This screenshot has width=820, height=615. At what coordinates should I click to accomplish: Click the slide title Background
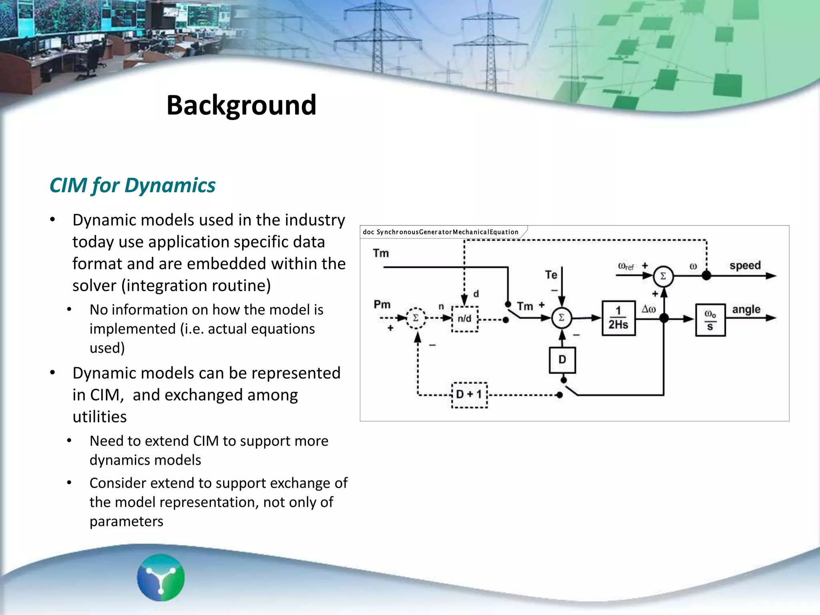(x=241, y=105)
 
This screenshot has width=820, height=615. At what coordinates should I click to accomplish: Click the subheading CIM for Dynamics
(x=133, y=185)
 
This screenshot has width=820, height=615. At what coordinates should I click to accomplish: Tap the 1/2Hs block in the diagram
(x=618, y=318)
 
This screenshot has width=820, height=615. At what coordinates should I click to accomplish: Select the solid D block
(x=562, y=360)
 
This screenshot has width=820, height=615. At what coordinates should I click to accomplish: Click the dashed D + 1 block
(x=469, y=395)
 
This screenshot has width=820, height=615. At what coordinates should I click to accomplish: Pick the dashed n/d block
(x=464, y=319)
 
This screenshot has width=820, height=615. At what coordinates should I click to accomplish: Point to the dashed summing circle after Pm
(x=416, y=318)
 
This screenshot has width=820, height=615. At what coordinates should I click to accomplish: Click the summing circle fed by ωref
(x=663, y=276)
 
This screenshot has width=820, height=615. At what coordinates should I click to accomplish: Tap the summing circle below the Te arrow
(x=561, y=318)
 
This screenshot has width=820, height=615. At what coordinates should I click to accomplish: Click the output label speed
(x=745, y=266)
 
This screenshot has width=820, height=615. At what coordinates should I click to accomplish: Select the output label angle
(x=746, y=310)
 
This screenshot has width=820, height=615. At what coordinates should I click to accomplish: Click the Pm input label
(x=382, y=305)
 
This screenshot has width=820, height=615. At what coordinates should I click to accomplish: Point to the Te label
(x=551, y=275)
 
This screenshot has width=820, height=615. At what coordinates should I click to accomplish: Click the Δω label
(x=649, y=309)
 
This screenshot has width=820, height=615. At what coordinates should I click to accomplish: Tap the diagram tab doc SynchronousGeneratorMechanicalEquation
(x=440, y=232)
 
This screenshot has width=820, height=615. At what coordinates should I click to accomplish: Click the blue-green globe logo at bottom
(x=161, y=577)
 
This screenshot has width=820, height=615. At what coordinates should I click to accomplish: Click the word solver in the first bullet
(x=94, y=286)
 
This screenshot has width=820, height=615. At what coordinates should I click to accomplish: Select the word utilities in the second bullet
(x=100, y=417)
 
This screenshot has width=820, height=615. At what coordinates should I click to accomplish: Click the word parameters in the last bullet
(x=127, y=521)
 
